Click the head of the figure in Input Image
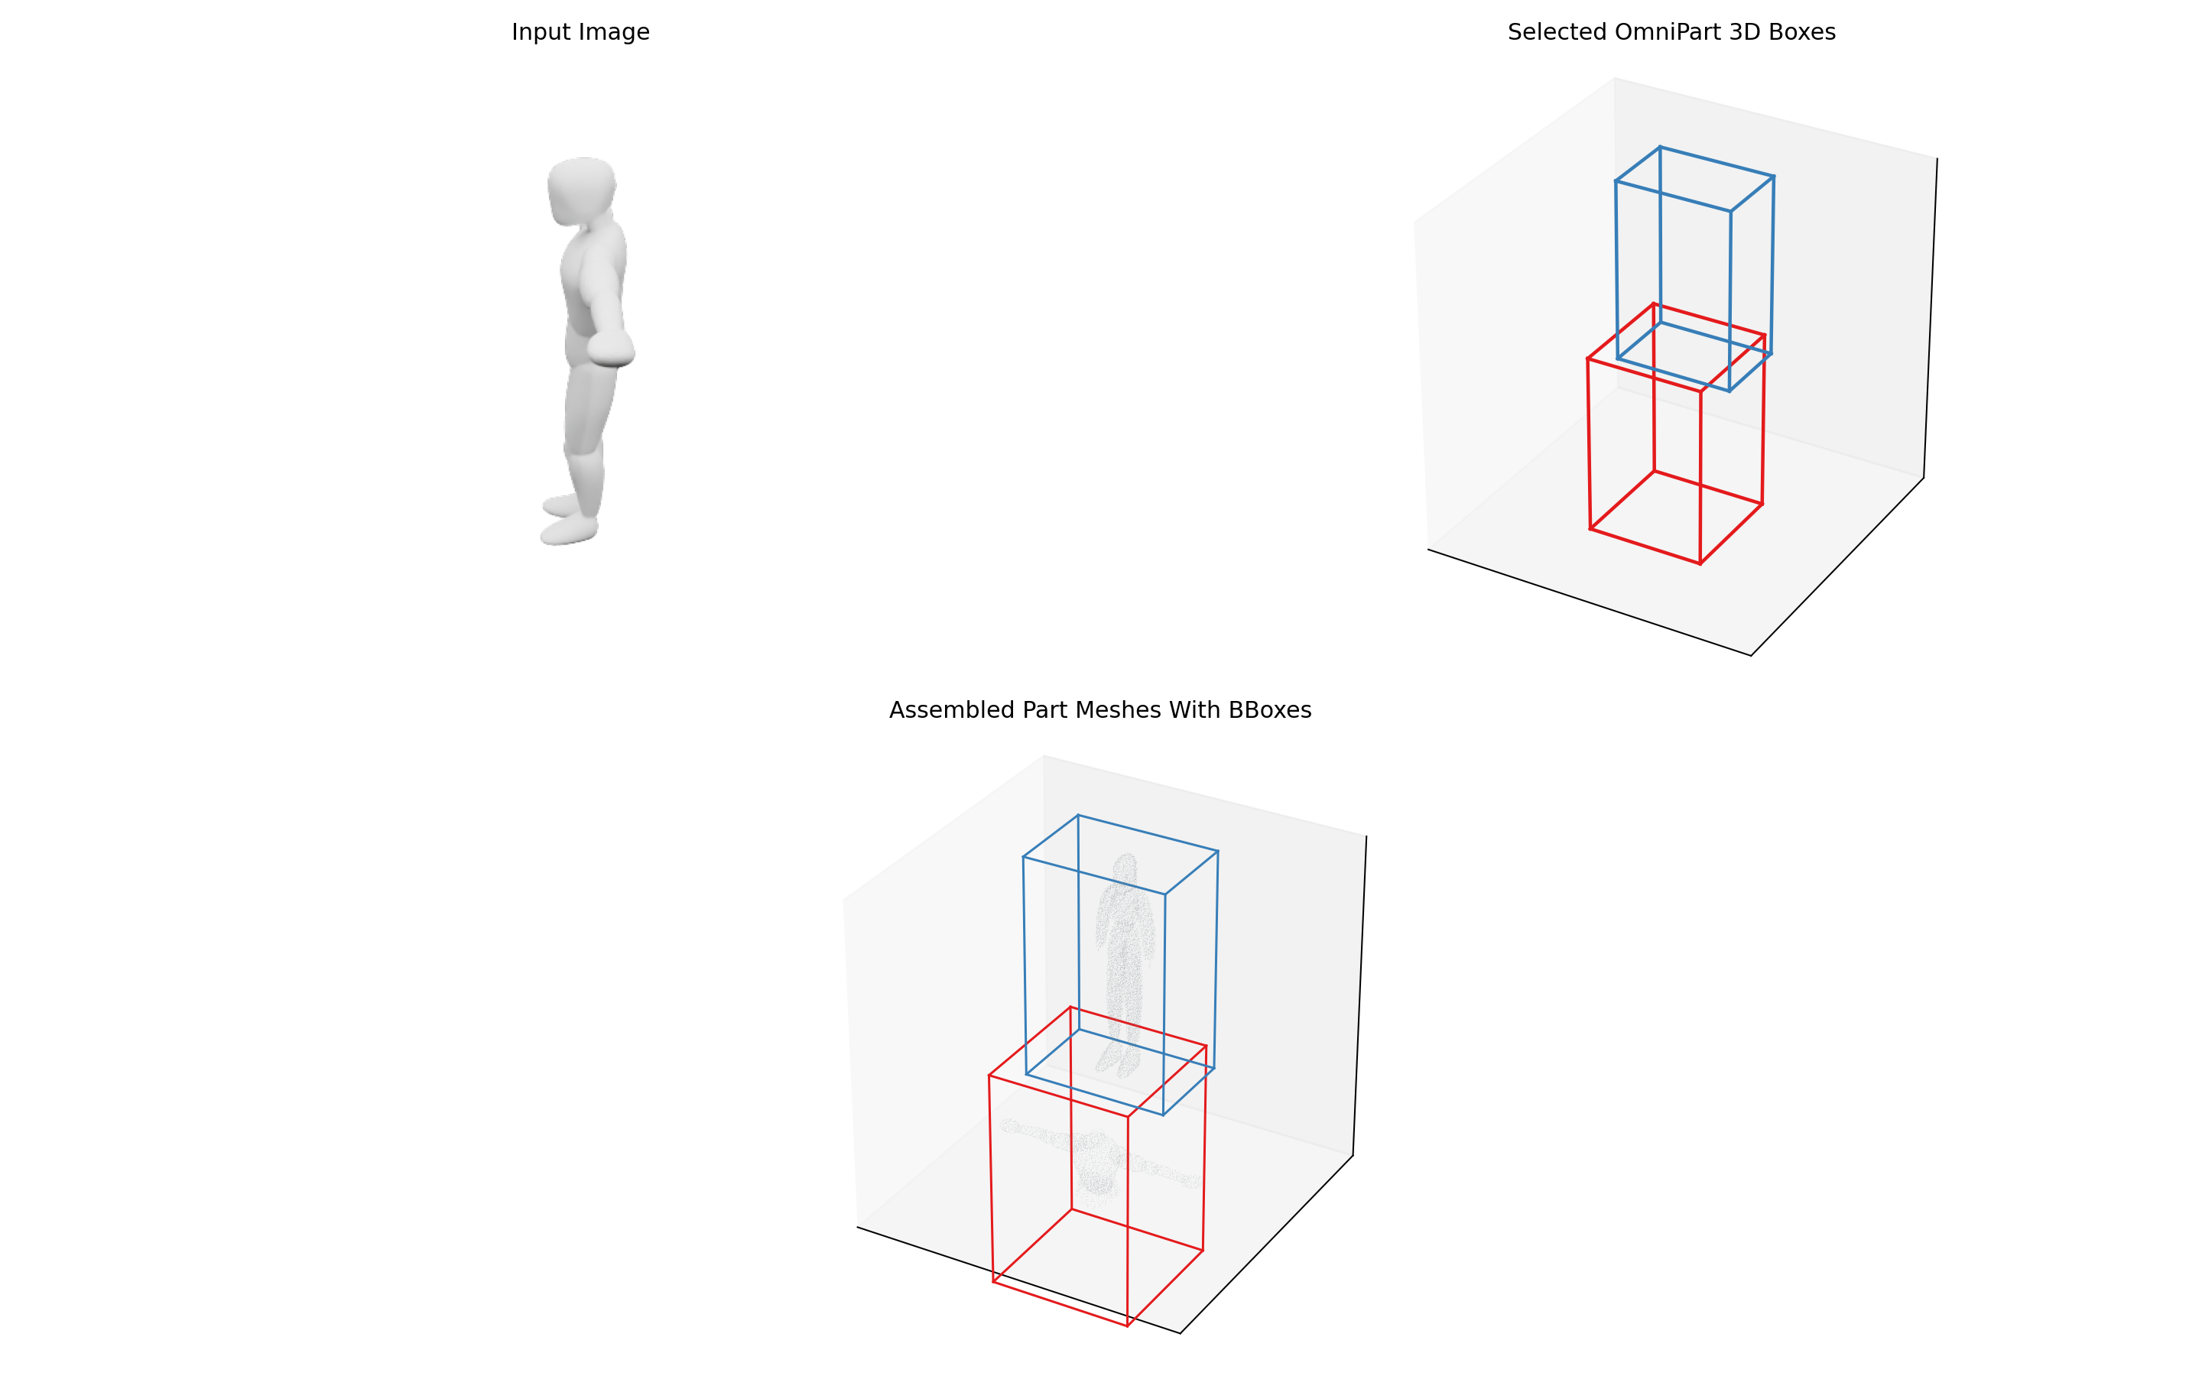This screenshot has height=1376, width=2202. [x=581, y=190]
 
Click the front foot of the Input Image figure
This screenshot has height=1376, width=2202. [x=569, y=530]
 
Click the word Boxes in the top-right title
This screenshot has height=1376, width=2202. [x=1801, y=33]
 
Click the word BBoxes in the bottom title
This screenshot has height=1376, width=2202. [x=1270, y=711]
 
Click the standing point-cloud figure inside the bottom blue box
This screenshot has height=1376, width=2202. [x=1126, y=965]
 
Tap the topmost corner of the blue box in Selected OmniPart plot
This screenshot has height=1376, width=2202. [x=1660, y=147]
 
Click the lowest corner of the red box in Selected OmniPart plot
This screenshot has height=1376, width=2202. [x=1700, y=564]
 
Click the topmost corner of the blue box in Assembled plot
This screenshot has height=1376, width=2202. [x=1077, y=816]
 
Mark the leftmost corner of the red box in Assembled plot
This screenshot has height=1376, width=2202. [x=989, y=1076]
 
